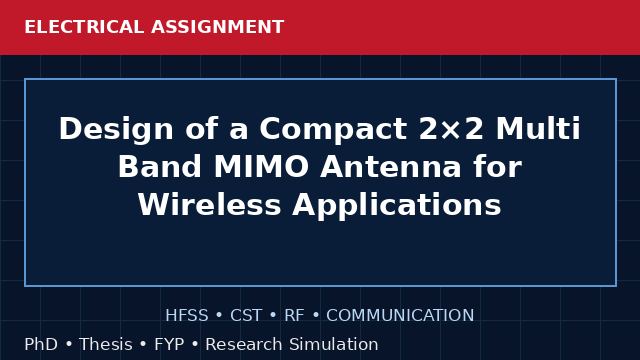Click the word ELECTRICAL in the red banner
(x=84, y=27)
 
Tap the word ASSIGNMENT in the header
(x=218, y=27)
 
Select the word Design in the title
(x=116, y=129)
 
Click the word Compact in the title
(x=333, y=129)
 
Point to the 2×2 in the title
(x=451, y=129)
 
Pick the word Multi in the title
(x=538, y=128)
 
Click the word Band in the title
(x=160, y=167)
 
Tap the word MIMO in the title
(x=261, y=167)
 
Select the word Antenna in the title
(x=391, y=167)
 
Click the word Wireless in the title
(x=209, y=204)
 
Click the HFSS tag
(x=187, y=316)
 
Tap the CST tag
(x=246, y=316)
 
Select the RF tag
(x=294, y=316)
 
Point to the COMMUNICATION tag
(x=400, y=316)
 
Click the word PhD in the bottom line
(x=41, y=344)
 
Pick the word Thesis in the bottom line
(x=106, y=344)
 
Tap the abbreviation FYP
(x=169, y=345)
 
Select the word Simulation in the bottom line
(x=334, y=344)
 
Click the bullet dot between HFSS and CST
(x=219, y=316)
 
